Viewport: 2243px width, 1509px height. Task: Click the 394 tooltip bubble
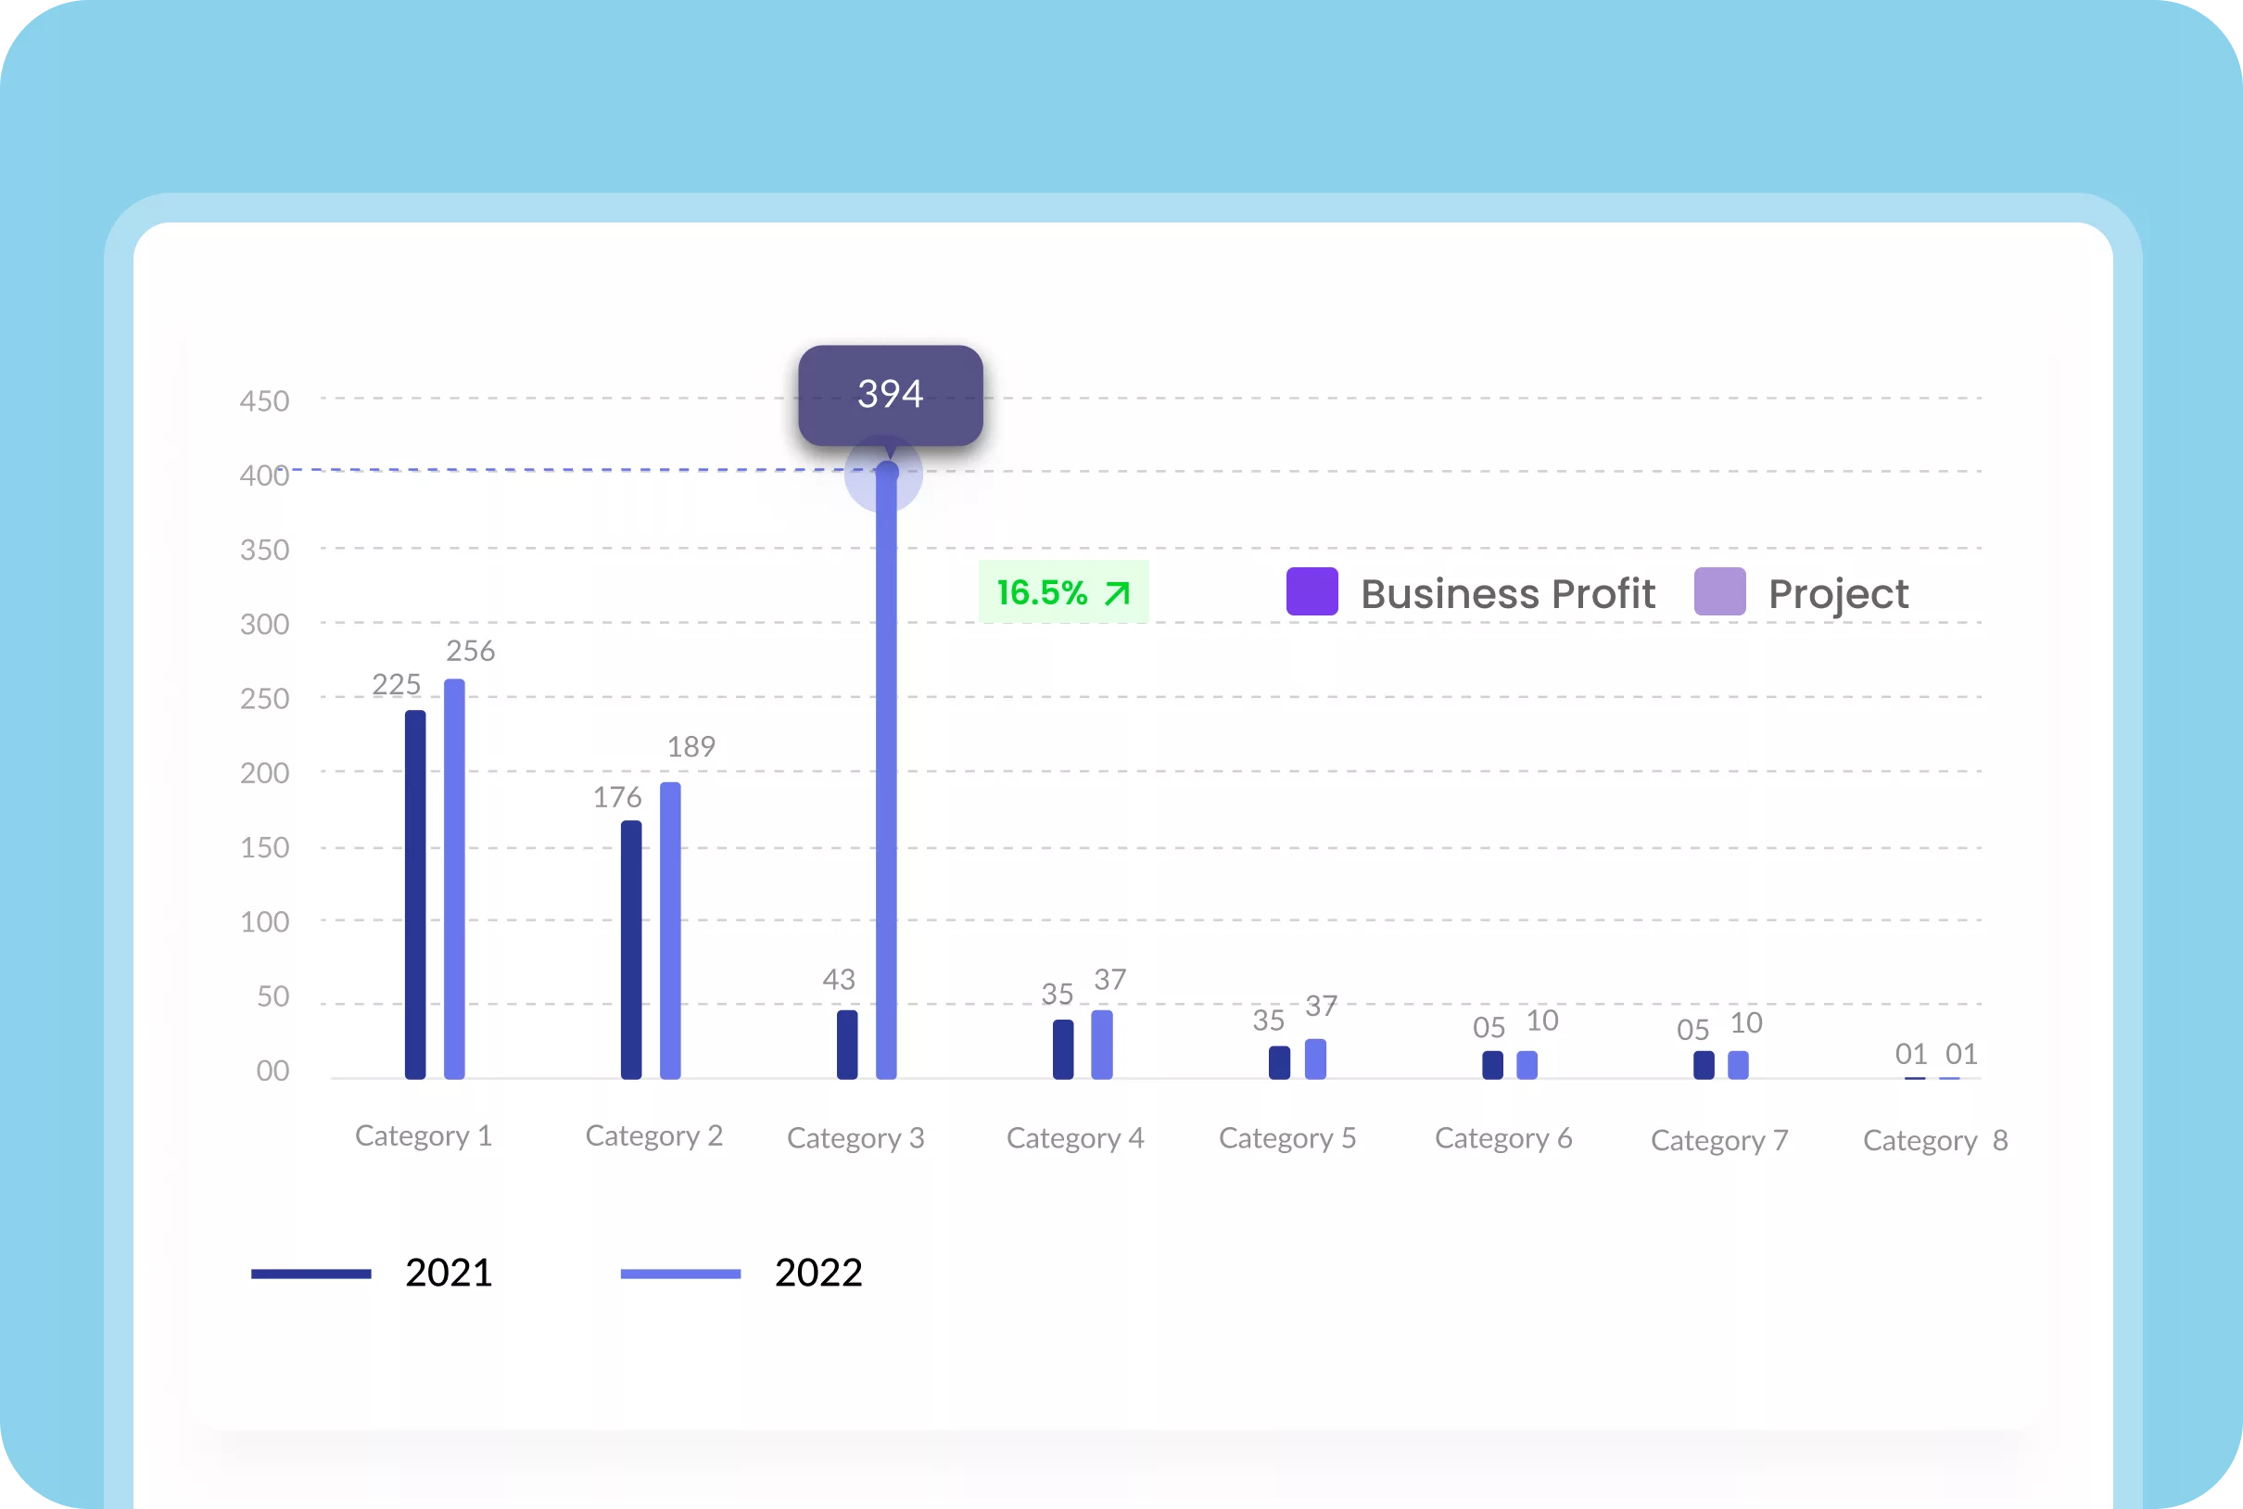pos(890,394)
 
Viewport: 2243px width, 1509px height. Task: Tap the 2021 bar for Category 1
pos(414,895)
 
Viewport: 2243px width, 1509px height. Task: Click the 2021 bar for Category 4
pos(1063,1049)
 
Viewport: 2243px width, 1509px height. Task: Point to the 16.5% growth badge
pos(1063,592)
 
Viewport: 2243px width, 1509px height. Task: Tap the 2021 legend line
pos(310,1274)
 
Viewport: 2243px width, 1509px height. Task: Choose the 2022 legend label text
pos(817,1273)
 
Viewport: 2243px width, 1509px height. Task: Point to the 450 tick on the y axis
pos(264,400)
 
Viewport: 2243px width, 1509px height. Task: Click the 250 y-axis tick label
pos(264,698)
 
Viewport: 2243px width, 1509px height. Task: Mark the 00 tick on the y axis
pos(272,1071)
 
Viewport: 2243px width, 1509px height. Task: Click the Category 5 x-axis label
pos(1287,1138)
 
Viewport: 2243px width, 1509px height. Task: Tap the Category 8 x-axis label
pos(1935,1140)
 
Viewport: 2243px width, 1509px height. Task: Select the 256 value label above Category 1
pos(471,651)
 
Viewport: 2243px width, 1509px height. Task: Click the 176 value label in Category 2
pos(616,797)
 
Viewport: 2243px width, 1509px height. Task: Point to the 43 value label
pos(838,980)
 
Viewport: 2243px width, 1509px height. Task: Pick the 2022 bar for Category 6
pos(1527,1064)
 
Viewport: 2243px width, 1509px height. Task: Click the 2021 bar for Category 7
pos(1704,1064)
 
